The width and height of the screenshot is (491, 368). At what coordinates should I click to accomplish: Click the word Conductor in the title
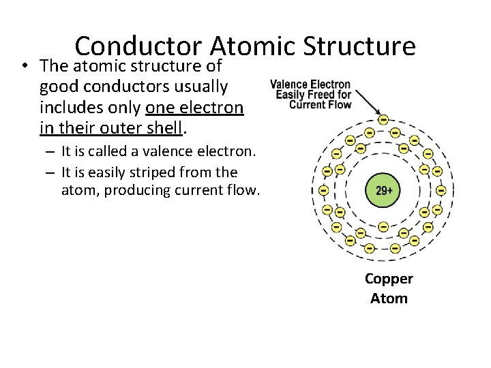coord(139,46)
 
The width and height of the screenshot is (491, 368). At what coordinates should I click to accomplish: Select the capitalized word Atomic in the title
coord(252,46)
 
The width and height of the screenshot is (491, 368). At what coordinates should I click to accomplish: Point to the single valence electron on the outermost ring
coord(383,119)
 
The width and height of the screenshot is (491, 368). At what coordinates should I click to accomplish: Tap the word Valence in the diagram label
coord(291,85)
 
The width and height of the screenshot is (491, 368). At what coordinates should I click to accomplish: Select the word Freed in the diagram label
coord(318,95)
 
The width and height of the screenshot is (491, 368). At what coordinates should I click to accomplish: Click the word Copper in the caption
coord(389,279)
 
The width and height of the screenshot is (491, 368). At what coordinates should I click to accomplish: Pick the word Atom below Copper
coord(389,298)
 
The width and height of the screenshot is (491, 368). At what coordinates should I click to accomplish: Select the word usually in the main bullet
coord(203,87)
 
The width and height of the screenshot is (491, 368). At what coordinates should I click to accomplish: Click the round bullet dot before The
coord(24,67)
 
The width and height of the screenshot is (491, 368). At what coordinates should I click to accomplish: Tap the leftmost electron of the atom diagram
coord(324,191)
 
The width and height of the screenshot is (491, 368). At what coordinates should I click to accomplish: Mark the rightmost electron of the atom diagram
coord(441,191)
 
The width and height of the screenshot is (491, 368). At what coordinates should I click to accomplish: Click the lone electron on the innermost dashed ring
coord(383,226)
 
